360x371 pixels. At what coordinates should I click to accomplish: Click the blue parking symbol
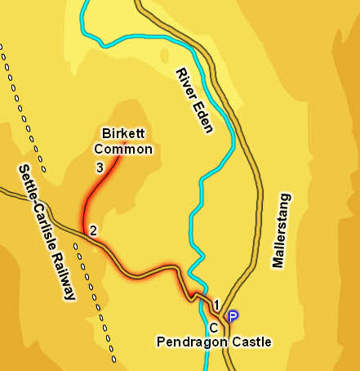pos(233,316)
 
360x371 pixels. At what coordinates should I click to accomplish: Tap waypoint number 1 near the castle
pos(216,305)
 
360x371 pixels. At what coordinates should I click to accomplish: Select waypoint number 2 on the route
pos(94,230)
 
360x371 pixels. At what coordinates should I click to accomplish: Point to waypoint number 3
pos(99,168)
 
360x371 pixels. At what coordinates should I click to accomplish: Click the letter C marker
pos(213,327)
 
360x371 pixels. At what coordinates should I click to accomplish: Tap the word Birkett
pos(122,133)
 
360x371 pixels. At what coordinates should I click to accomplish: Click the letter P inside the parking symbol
pos(233,316)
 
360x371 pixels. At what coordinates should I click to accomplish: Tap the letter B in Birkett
pos(105,133)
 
